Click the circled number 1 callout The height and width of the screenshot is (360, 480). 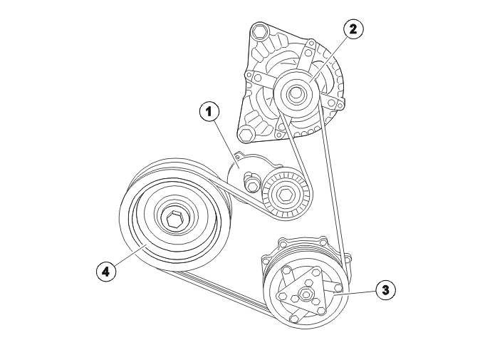point(209,112)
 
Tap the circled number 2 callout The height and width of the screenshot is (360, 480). point(353,29)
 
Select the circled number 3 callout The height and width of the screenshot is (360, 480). point(385,290)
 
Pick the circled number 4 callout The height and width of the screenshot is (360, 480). point(106,271)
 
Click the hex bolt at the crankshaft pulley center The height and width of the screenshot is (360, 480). point(174,220)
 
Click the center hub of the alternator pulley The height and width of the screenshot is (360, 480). point(295,92)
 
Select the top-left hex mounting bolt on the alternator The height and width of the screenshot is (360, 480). point(260,31)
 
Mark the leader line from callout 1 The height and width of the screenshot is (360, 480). point(226,144)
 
